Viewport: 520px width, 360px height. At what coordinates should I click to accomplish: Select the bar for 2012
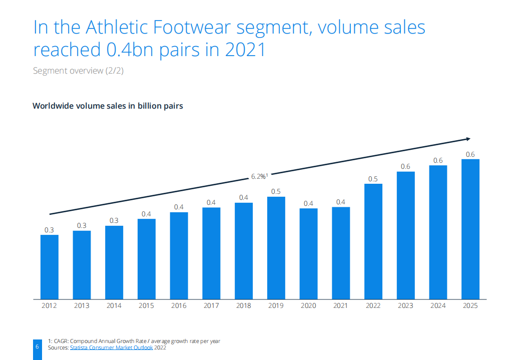(x=50, y=266)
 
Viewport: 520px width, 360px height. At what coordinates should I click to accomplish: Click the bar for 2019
(x=276, y=247)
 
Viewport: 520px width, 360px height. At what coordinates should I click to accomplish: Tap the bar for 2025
(x=470, y=229)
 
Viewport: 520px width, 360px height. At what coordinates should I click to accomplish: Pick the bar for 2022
(x=373, y=241)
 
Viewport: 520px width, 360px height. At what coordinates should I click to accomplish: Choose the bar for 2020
(x=309, y=253)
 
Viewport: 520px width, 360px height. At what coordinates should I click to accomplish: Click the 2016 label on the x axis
(x=179, y=305)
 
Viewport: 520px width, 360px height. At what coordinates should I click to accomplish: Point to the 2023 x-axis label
(x=406, y=305)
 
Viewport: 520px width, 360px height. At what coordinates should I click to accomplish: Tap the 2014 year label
(x=114, y=305)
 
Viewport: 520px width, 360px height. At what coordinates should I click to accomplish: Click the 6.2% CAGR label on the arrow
(x=259, y=176)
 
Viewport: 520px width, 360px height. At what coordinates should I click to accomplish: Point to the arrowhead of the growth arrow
(x=468, y=139)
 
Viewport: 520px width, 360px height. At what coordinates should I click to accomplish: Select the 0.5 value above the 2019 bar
(x=276, y=191)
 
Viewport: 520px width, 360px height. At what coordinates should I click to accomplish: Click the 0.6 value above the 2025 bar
(x=470, y=154)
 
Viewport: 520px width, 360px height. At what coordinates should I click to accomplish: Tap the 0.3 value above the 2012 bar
(x=50, y=230)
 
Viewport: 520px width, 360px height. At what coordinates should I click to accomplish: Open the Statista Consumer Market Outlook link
(x=112, y=347)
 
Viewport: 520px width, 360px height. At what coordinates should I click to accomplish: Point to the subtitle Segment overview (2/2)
(x=78, y=71)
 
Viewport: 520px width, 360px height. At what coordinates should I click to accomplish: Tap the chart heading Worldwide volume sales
(x=108, y=106)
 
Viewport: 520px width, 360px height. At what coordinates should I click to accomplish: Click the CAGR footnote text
(x=134, y=341)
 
